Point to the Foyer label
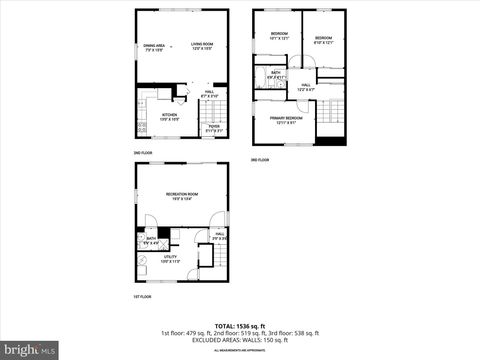click(x=214, y=127)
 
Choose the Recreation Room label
click(x=180, y=196)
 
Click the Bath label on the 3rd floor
click(x=274, y=74)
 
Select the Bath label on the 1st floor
click(x=150, y=240)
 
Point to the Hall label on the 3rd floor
click(x=306, y=87)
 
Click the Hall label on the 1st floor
click(x=219, y=236)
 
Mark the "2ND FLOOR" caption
click(x=143, y=153)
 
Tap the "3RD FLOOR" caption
click(x=259, y=160)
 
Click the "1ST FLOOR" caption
click(x=142, y=297)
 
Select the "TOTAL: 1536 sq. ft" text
click(x=240, y=326)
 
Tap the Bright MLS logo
click(x=30, y=350)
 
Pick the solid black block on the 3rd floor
click(x=337, y=139)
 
